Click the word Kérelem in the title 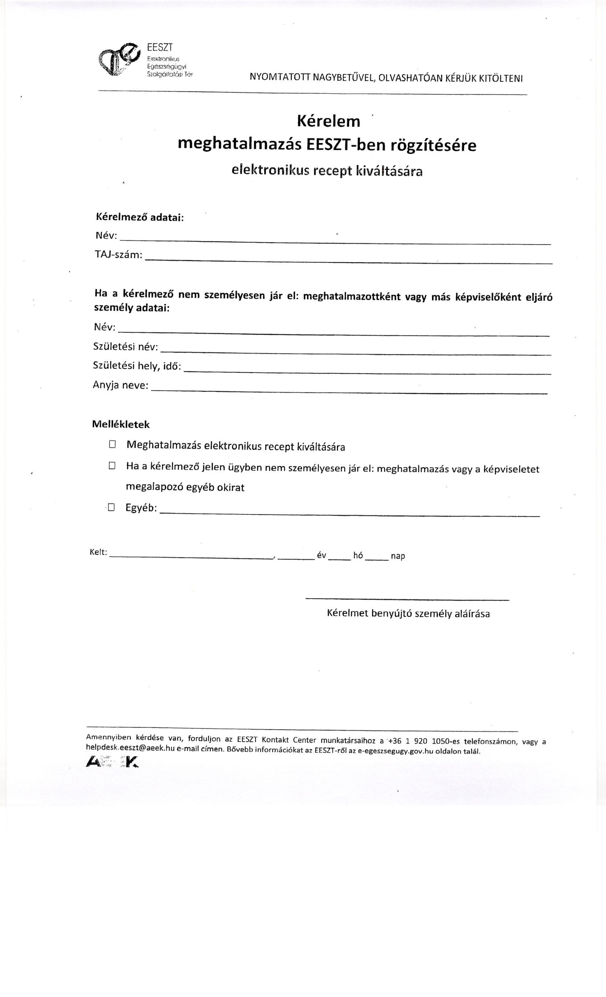click(x=329, y=121)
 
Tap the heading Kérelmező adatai click(x=140, y=217)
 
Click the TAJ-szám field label click(x=118, y=255)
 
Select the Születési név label click(x=125, y=346)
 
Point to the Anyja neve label click(x=121, y=385)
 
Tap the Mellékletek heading click(x=121, y=424)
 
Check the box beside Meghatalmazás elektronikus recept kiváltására click(x=112, y=444)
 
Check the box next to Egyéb click(x=111, y=507)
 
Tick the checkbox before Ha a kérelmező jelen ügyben click(x=112, y=466)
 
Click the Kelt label click(x=98, y=552)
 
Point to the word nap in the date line click(x=398, y=556)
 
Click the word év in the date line click(x=322, y=555)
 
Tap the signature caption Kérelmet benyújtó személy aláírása click(x=408, y=614)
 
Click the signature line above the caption click(x=407, y=600)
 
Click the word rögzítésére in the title click(x=433, y=145)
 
